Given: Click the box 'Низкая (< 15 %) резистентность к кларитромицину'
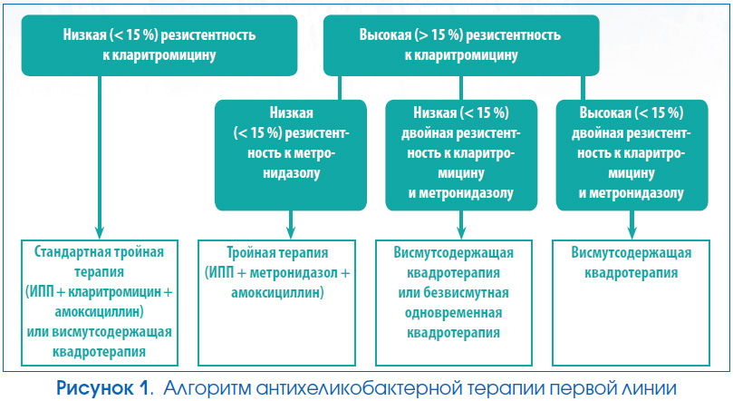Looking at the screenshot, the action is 159,45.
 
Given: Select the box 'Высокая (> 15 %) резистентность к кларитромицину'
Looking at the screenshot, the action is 461,45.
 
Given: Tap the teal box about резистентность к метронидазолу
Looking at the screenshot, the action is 291,155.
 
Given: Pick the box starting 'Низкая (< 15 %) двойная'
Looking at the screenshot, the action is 461,155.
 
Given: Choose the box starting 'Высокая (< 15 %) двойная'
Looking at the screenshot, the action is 632,155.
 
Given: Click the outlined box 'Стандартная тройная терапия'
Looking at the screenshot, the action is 100,303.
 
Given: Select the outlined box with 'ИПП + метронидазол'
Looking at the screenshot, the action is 276,303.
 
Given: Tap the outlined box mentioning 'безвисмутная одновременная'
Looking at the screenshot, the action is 454,303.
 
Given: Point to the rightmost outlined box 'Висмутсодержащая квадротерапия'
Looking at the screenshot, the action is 632,303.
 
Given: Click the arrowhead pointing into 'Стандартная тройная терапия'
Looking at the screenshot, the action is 99,233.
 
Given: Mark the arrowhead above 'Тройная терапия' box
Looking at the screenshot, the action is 291,233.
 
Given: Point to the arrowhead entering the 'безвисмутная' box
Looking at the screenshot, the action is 461,233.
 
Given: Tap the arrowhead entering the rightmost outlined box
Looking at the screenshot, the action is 632,233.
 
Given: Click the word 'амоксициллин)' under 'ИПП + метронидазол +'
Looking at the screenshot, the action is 277,293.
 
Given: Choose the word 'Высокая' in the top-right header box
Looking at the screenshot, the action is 386,35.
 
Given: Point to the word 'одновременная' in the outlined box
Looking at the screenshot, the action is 453,313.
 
